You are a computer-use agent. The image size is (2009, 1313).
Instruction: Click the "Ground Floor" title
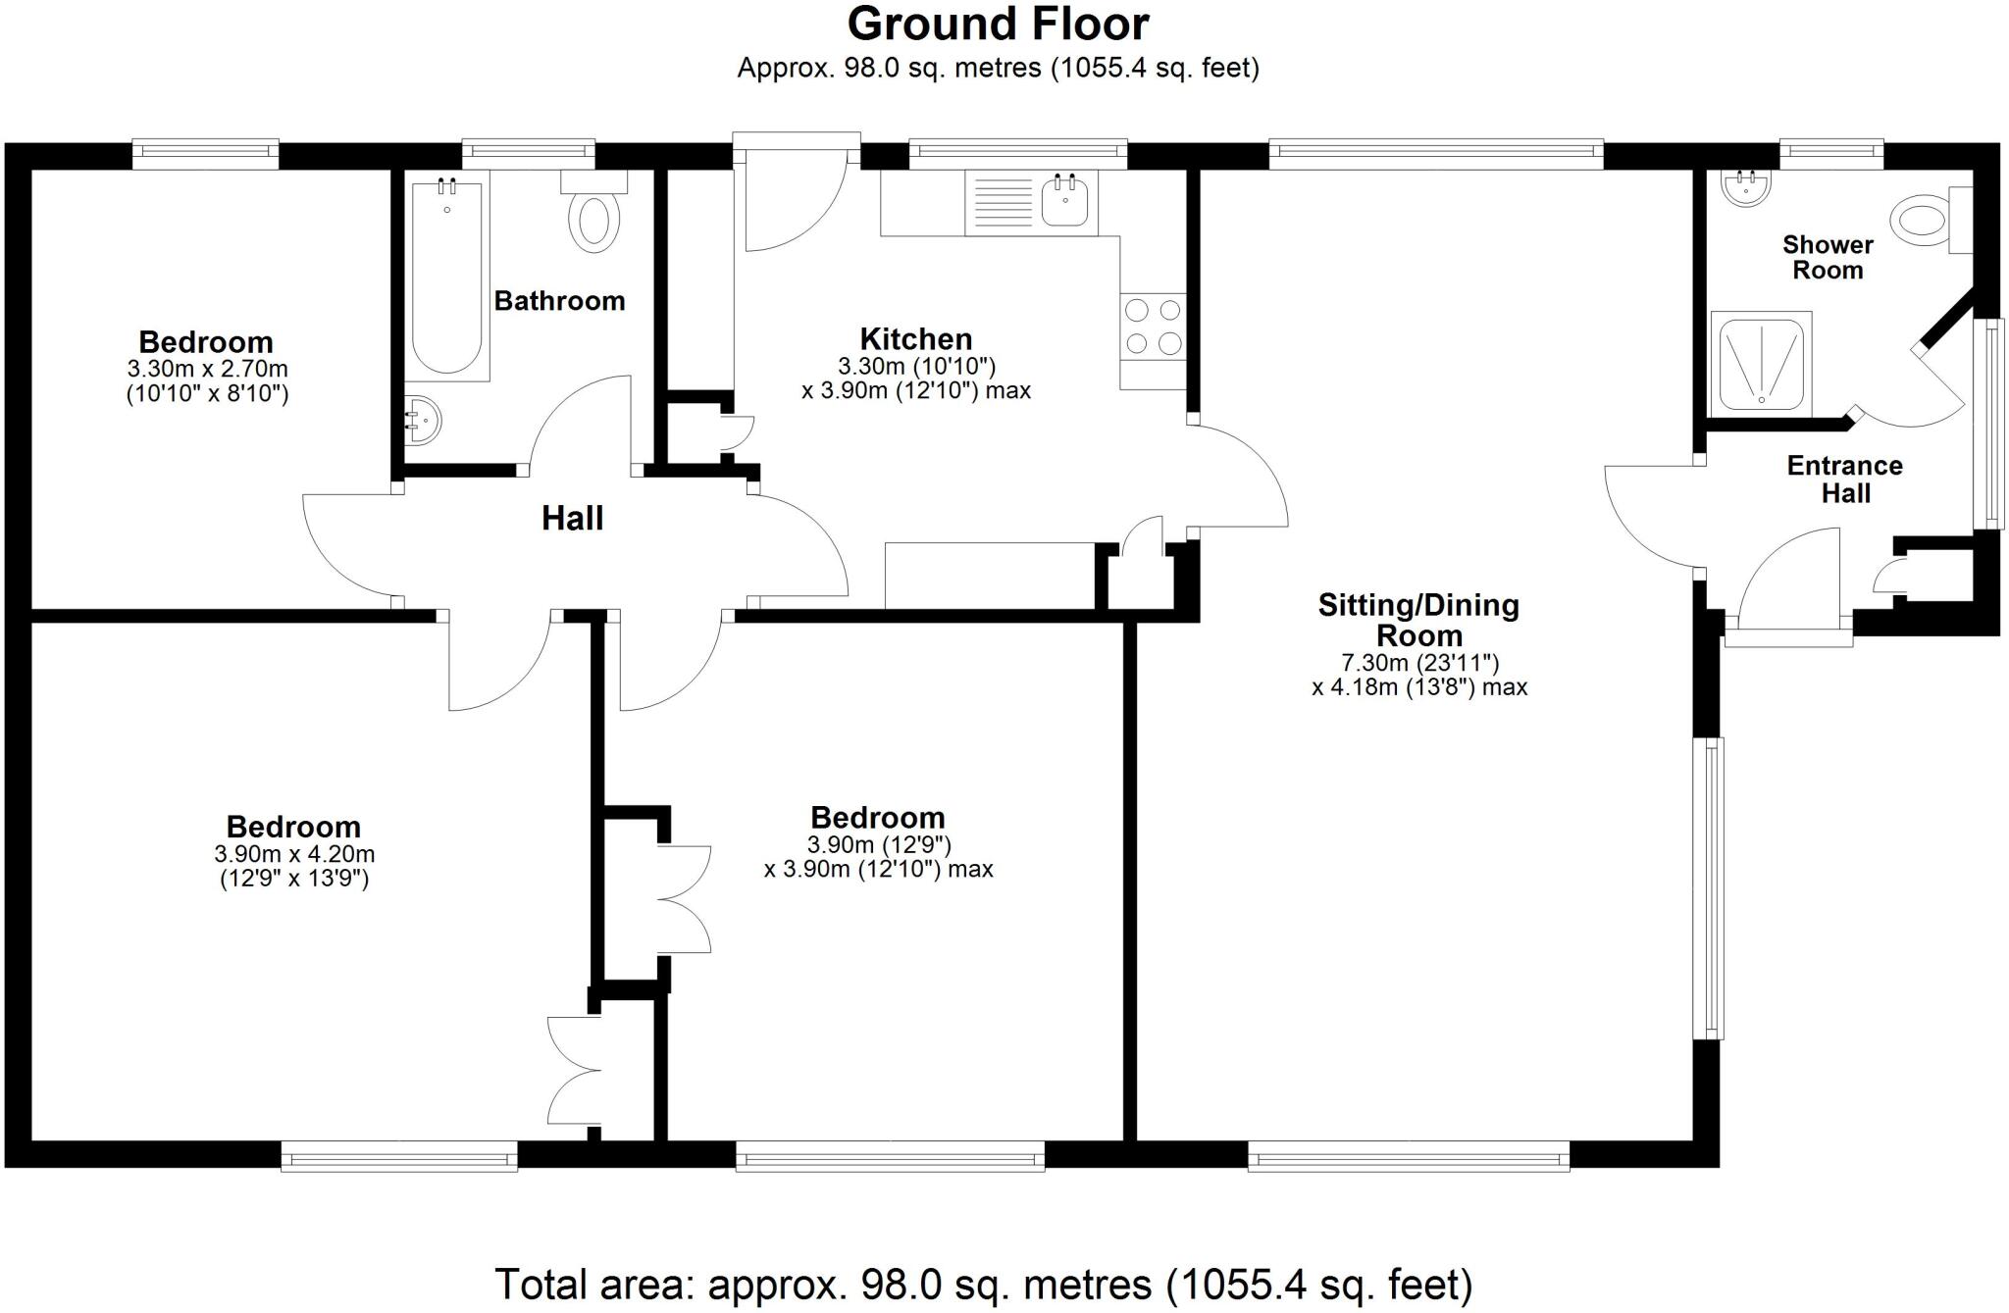point(998,25)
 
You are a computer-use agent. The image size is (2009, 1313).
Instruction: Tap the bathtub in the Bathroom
point(446,279)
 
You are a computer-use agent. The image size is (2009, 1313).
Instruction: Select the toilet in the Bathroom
point(594,221)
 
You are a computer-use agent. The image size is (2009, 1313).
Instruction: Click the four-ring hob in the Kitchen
point(1153,327)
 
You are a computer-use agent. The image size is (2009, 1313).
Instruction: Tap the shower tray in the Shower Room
point(1761,363)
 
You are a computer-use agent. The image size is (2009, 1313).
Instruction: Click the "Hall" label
point(572,518)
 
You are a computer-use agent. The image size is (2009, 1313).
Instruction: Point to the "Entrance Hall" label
point(1844,480)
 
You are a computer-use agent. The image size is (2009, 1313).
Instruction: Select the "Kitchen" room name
point(916,339)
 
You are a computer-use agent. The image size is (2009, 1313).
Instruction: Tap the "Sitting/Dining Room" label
point(1418,620)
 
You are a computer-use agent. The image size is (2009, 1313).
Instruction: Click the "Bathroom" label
point(559,301)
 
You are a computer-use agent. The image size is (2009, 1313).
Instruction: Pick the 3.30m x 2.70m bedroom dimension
point(207,370)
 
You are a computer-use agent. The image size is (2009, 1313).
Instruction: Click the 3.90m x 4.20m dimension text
point(294,854)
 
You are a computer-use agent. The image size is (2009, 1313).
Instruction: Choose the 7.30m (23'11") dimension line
point(1419,663)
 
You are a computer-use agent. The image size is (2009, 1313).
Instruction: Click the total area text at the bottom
point(983,1284)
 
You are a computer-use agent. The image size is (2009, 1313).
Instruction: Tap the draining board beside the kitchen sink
point(1001,203)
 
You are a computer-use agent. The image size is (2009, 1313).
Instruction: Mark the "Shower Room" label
point(1828,257)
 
